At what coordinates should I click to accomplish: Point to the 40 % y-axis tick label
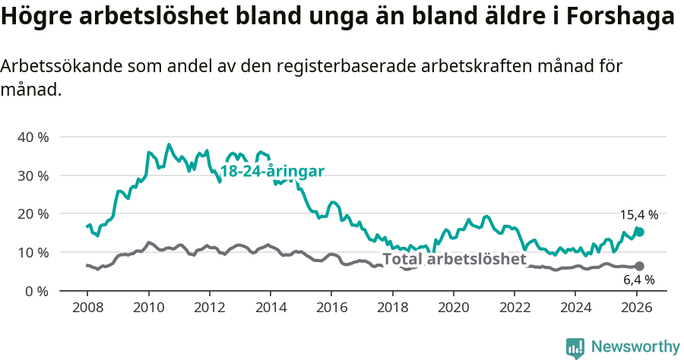(x=33, y=137)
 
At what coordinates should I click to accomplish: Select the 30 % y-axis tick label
(x=33, y=175)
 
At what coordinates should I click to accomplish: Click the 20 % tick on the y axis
(x=33, y=214)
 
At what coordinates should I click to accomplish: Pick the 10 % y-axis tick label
(x=33, y=252)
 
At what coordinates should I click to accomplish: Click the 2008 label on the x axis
(x=87, y=308)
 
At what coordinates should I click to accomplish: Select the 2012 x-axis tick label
(x=209, y=308)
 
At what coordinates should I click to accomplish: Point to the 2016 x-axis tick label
(x=331, y=308)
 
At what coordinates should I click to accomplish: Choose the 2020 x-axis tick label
(x=453, y=308)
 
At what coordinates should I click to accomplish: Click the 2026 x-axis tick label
(x=636, y=308)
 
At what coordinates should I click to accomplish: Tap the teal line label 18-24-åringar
(x=272, y=172)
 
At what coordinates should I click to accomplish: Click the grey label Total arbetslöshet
(x=454, y=259)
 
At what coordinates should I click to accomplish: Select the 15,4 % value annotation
(x=638, y=215)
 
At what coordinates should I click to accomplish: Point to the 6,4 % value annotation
(x=638, y=279)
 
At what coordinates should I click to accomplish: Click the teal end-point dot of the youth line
(x=639, y=232)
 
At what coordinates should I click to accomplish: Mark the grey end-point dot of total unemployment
(x=639, y=266)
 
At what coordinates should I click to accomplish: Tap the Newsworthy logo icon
(x=575, y=347)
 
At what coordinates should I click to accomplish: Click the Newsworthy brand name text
(x=635, y=347)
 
